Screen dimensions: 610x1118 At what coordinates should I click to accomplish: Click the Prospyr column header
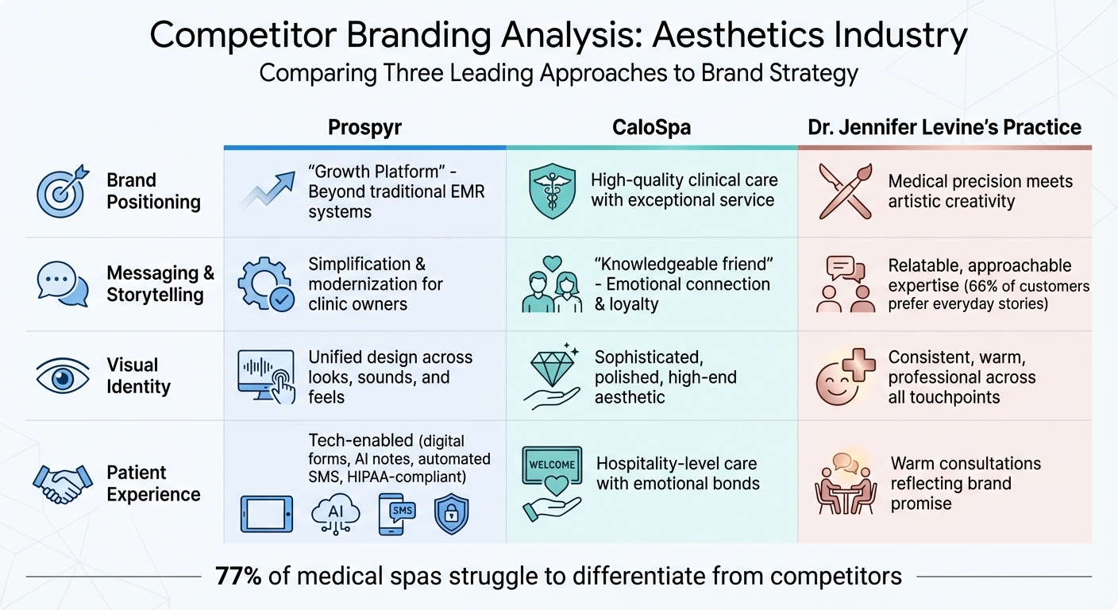364,127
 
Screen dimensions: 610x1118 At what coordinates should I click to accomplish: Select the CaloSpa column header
652,127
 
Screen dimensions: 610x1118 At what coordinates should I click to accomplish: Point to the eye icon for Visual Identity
62,376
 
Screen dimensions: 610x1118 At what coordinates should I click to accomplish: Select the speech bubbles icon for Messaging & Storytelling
62,284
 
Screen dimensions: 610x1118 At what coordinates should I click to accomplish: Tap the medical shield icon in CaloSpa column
551,191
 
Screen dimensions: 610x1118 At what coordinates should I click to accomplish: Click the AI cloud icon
336,514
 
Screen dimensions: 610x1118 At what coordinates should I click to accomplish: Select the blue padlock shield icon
451,514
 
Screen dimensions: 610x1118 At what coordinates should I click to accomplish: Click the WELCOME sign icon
551,465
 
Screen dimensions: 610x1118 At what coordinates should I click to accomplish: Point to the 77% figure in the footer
238,576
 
